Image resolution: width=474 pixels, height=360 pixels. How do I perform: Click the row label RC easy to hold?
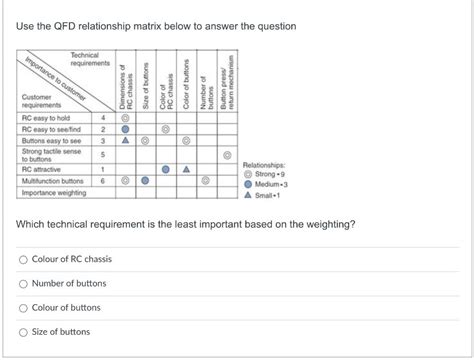click(48, 118)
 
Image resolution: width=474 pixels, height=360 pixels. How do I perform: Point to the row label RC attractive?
click(44, 169)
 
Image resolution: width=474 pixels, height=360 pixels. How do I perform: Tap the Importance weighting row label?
click(56, 193)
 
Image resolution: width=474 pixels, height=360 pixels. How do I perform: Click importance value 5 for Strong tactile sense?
click(103, 155)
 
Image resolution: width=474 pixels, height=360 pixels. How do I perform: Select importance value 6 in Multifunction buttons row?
click(103, 181)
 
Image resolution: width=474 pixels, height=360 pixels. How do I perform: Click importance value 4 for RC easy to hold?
click(103, 118)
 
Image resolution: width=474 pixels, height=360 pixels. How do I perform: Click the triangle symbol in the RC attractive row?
click(186, 169)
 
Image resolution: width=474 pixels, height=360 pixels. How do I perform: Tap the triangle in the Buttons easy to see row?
click(124, 142)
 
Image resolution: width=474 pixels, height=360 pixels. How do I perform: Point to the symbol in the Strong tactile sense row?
click(227, 155)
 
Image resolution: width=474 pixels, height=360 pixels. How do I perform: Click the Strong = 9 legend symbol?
click(248, 174)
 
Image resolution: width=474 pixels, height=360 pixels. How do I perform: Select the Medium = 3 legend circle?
click(248, 184)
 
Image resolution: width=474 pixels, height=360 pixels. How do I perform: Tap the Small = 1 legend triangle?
click(248, 194)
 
